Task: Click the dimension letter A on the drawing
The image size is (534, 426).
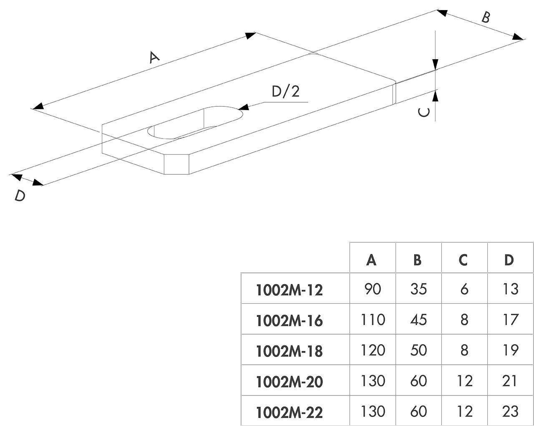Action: click(154, 57)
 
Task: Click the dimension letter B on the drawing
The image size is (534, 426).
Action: click(486, 18)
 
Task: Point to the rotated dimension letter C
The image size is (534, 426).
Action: click(424, 112)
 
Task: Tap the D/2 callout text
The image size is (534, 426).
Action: click(286, 91)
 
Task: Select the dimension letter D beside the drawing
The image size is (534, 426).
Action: click(20, 195)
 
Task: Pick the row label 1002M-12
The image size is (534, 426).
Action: click(289, 290)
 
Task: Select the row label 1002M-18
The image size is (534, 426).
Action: click(289, 351)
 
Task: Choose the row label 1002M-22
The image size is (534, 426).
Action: click(289, 412)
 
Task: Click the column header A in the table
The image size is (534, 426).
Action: click(371, 260)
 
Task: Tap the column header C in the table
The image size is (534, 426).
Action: click(463, 260)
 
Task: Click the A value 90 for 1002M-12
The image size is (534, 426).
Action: click(372, 289)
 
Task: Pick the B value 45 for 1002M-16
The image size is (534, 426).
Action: click(418, 320)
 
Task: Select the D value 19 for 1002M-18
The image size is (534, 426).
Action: click(510, 350)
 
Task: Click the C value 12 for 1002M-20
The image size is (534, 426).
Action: click(464, 381)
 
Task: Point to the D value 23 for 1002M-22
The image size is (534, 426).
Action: click(510, 411)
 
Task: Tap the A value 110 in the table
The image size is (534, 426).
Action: click(372, 320)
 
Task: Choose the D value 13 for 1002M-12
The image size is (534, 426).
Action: click(510, 289)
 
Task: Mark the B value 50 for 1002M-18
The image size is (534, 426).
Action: click(418, 350)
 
